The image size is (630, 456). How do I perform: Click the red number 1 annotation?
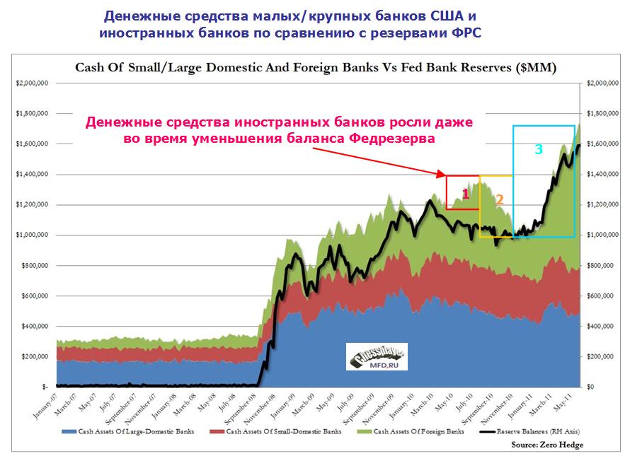coord(466,193)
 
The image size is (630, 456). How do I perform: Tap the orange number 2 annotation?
coord(499,199)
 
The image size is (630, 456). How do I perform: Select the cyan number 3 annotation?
coord(539,150)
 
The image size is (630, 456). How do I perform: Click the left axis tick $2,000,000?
coord(32,83)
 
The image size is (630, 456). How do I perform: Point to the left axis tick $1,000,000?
coord(32,235)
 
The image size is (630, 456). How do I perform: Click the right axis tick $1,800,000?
coord(601,114)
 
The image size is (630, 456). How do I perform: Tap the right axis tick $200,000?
coord(600,357)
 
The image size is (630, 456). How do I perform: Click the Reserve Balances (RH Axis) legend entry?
coord(538,431)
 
